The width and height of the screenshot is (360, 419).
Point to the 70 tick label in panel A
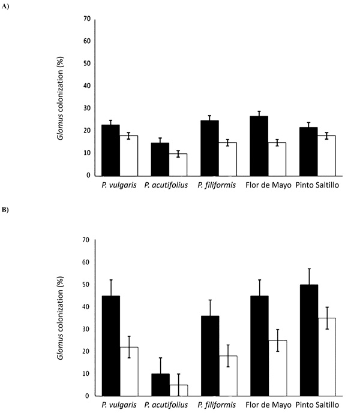(x=87, y=19)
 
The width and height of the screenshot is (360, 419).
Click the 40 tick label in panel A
(x=87, y=86)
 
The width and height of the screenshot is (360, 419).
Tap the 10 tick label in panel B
(x=87, y=373)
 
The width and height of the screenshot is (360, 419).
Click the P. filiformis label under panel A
(x=218, y=185)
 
